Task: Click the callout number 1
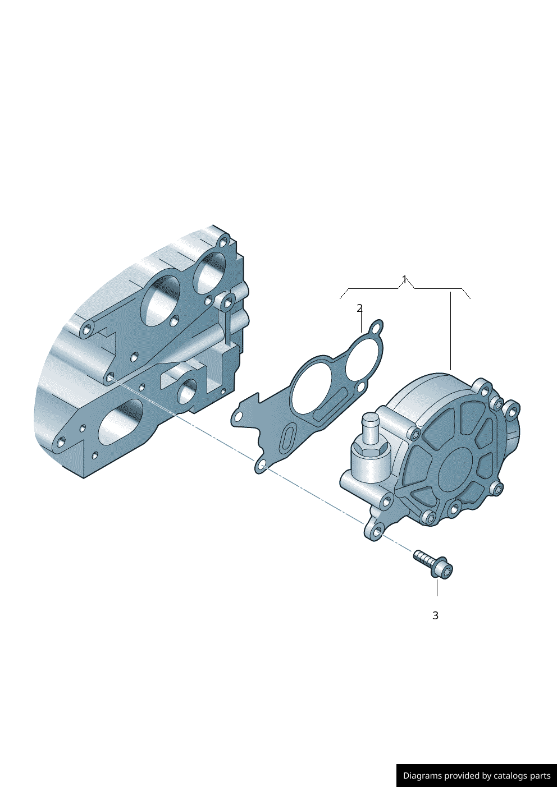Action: (x=404, y=279)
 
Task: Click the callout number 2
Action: (x=359, y=308)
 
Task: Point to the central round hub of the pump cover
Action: (x=456, y=467)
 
